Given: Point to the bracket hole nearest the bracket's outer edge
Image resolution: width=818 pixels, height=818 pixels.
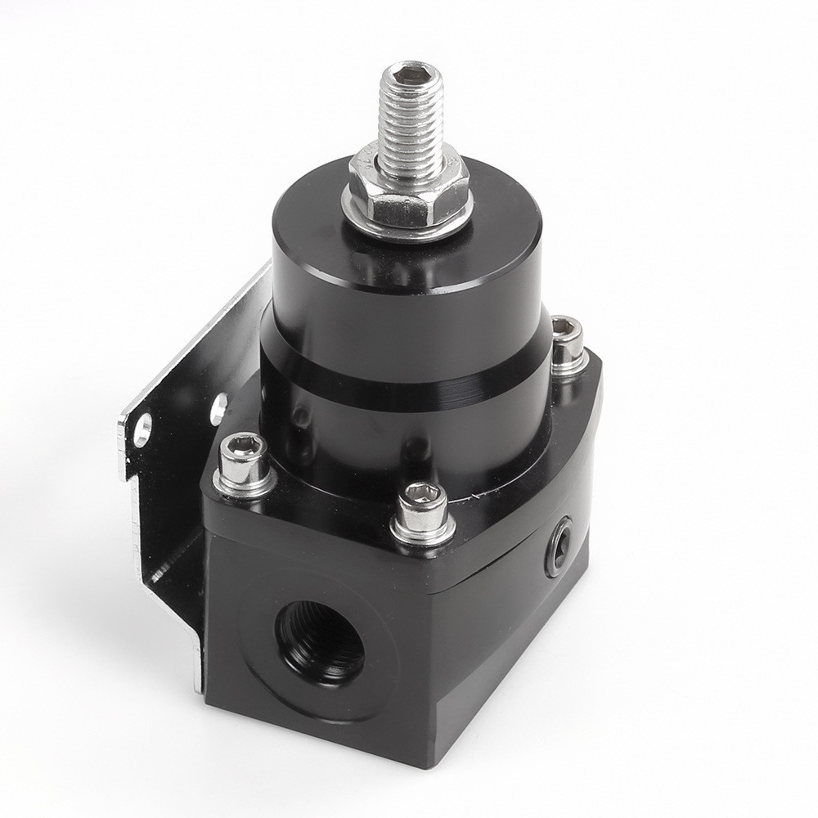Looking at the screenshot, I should [x=143, y=429].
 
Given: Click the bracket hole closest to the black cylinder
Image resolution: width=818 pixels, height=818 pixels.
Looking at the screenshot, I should [x=218, y=407].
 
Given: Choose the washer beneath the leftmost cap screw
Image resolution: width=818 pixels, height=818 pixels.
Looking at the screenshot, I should [x=244, y=488].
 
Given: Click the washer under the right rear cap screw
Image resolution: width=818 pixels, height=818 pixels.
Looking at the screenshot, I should [x=569, y=366].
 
